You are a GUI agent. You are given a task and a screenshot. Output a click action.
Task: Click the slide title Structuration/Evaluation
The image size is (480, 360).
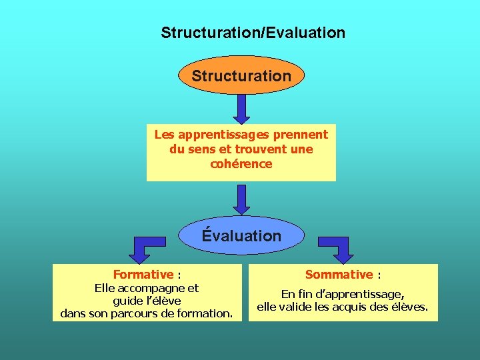(x=253, y=32)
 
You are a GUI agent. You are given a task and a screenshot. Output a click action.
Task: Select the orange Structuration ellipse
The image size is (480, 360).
(x=241, y=75)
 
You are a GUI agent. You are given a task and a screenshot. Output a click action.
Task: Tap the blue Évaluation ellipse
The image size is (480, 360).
(x=241, y=235)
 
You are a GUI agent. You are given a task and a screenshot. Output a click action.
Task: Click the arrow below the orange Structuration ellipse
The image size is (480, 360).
(x=241, y=108)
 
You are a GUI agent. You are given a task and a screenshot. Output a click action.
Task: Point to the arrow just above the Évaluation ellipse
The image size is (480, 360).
(x=241, y=199)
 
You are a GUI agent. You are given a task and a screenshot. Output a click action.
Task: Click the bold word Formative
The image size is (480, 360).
(x=143, y=274)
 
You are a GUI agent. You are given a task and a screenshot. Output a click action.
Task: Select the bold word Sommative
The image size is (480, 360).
(x=339, y=274)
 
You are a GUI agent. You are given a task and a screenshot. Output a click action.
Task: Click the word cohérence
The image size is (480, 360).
(x=241, y=164)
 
